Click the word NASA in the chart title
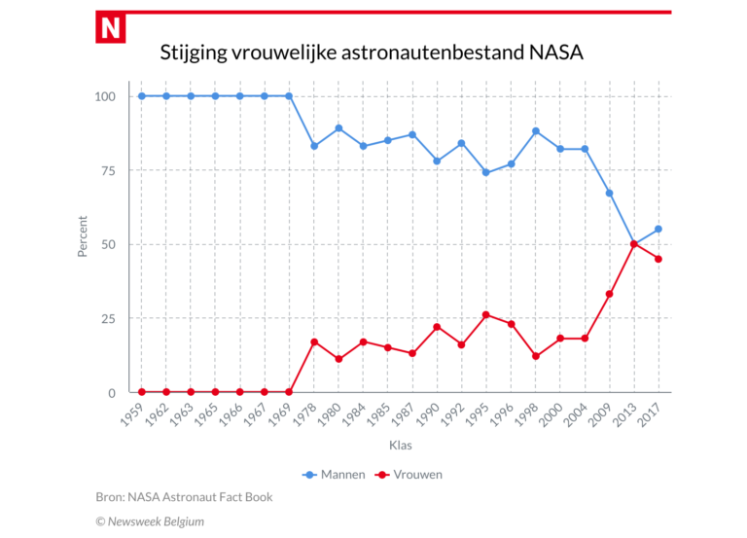click(x=557, y=52)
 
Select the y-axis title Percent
click(x=83, y=236)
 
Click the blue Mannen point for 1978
click(x=313, y=146)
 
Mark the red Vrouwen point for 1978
click(x=313, y=341)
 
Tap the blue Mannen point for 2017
click(x=658, y=230)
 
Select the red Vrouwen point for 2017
click(x=658, y=259)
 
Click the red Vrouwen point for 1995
click(x=486, y=315)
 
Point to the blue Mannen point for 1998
click(x=536, y=131)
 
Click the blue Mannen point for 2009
click(x=610, y=193)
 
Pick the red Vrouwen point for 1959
click(x=141, y=392)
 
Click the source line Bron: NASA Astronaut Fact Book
click(x=184, y=497)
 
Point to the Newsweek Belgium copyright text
click(x=150, y=521)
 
